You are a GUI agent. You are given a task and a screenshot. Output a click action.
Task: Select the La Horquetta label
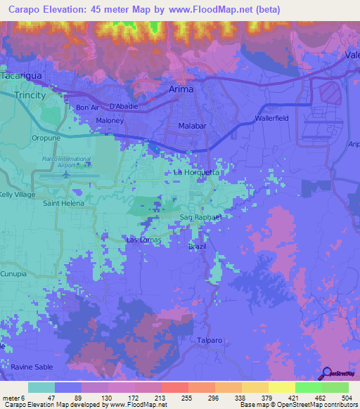[x=197, y=172]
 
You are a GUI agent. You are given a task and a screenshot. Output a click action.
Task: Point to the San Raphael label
[x=201, y=217]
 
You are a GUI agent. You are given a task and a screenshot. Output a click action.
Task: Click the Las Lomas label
[x=143, y=240]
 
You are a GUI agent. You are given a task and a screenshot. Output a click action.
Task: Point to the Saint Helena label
[x=63, y=203]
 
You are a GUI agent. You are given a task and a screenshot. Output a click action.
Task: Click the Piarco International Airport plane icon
[x=67, y=174]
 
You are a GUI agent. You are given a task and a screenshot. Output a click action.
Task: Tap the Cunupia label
[x=13, y=273]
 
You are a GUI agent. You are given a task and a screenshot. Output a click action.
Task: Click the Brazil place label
[x=198, y=247]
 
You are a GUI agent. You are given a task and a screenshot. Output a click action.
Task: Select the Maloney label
[x=110, y=121]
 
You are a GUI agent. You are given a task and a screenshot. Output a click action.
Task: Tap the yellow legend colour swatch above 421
[x=281, y=387]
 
